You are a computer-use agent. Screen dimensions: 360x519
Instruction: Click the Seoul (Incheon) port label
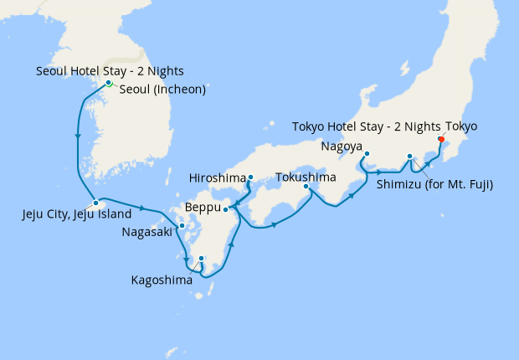[x=162, y=90]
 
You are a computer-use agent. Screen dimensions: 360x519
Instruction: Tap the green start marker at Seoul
[x=109, y=83]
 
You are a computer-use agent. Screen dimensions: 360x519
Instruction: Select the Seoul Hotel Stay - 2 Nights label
[x=110, y=71]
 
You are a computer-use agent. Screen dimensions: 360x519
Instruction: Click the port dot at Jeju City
[x=96, y=203]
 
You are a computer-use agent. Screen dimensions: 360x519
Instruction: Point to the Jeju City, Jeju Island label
[x=76, y=215]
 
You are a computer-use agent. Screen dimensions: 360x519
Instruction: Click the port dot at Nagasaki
[x=182, y=226]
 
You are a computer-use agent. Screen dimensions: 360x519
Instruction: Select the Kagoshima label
[x=161, y=280]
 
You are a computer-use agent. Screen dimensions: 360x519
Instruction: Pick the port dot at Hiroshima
[x=251, y=177]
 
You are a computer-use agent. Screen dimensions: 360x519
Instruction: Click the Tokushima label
[x=306, y=177]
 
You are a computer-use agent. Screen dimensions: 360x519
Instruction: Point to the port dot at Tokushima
[x=306, y=187]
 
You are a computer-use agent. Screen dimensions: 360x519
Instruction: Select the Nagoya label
[x=342, y=148]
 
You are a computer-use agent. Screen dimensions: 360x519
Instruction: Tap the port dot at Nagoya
[x=367, y=153]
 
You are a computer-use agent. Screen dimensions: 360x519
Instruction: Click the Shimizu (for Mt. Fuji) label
[x=434, y=184]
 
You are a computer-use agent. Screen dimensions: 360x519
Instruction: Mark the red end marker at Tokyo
[x=441, y=140]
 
